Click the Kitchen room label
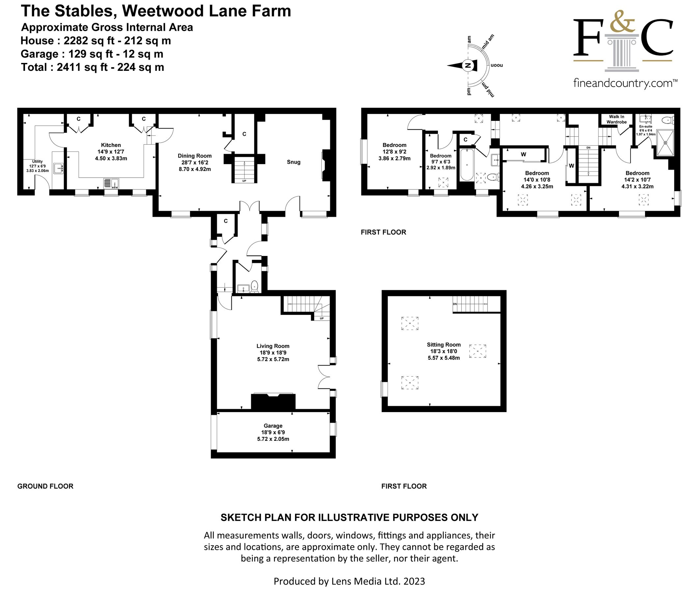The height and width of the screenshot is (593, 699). [111, 145]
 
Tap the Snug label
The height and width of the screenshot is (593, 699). [293, 162]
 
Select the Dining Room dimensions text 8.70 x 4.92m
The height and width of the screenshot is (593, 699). [195, 169]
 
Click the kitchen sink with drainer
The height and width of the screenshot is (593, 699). [111, 183]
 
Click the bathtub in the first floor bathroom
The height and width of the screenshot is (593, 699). [467, 165]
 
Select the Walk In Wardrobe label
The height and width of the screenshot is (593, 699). [616, 119]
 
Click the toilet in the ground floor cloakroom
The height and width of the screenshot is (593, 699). [254, 286]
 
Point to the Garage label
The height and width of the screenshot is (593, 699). [273, 426]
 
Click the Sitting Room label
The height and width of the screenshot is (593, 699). [444, 345]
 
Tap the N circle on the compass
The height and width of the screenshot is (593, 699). [467, 66]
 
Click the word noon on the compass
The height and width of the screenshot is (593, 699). [497, 65]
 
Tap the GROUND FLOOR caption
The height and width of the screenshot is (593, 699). [45, 486]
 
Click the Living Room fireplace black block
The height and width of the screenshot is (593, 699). [273, 402]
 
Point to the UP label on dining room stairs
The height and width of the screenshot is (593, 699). [244, 181]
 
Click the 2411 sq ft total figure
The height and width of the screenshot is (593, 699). [82, 67]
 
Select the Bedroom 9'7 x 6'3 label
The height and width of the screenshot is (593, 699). [440, 156]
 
